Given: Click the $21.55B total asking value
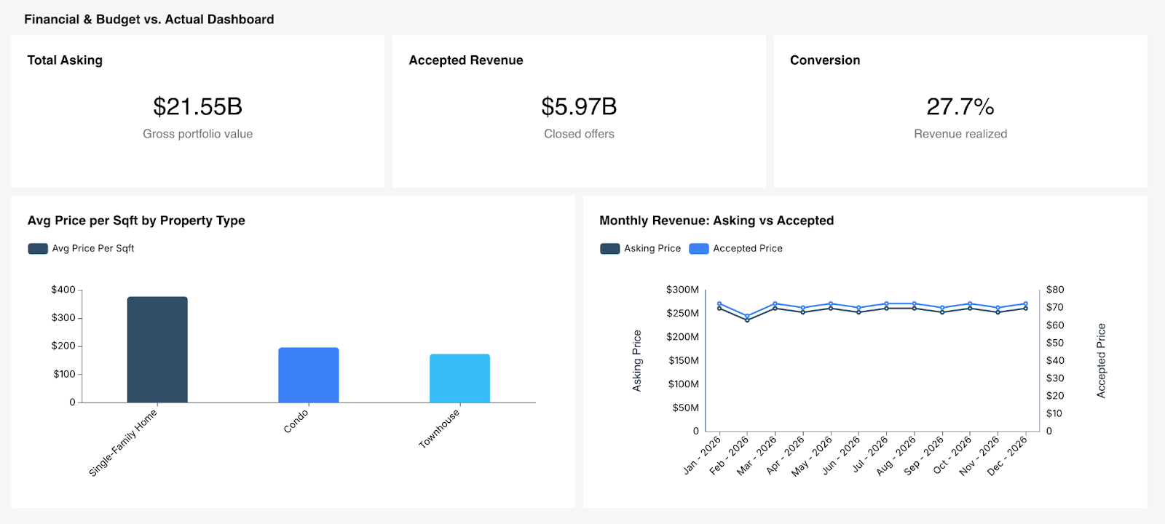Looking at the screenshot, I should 197,107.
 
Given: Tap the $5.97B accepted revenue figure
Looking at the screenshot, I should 579,107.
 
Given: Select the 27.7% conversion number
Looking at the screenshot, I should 960,107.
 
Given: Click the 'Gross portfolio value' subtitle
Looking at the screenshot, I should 197,134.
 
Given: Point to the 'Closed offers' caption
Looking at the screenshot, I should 579,134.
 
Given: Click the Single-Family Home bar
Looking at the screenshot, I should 157,349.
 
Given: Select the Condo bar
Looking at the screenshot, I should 309,375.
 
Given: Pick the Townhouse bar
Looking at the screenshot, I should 459,378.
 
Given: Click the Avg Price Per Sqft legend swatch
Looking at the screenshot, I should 38,249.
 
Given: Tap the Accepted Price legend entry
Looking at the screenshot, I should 736,249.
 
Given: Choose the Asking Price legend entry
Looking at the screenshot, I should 641,249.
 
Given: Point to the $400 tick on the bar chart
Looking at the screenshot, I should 63,290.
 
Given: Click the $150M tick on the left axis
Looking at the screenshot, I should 683,360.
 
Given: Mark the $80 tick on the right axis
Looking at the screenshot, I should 1054,290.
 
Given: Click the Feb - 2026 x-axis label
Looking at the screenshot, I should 730,455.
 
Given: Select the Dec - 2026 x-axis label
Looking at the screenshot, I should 1008,456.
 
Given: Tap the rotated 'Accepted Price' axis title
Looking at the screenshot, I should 1101,360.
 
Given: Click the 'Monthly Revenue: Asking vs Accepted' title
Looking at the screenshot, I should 716,221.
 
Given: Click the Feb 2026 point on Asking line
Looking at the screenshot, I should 747,320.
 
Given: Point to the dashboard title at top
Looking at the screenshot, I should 149,20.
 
